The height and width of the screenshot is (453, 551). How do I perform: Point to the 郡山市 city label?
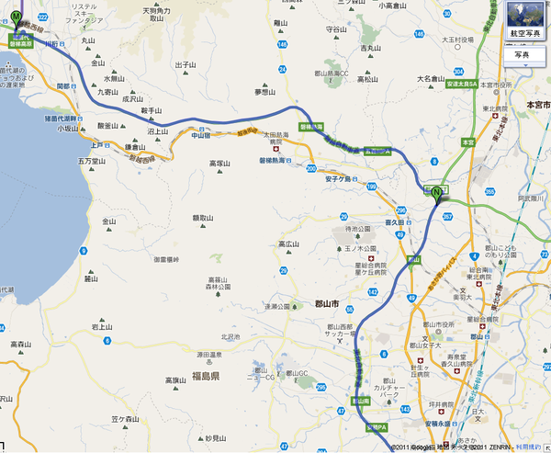(327, 304)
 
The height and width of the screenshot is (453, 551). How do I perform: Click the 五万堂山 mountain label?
(92, 161)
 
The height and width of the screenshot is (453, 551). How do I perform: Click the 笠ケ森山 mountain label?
(124, 418)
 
